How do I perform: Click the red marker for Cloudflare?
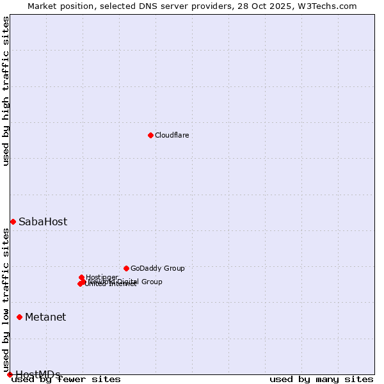(150, 135)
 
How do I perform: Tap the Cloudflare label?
(172, 135)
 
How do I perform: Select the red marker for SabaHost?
(13, 221)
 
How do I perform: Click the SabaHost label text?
(42, 222)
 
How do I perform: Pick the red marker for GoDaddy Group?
(126, 268)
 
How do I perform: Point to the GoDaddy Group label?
(157, 268)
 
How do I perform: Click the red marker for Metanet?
(19, 317)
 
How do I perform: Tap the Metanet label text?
(45, 317)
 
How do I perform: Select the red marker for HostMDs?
(10, 374)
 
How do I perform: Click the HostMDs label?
(38, 374)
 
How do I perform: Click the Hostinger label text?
(102, 277)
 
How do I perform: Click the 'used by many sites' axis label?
(321, 379)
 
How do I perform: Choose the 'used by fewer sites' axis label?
(66, 379)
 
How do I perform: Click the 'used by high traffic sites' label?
(6, 91)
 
